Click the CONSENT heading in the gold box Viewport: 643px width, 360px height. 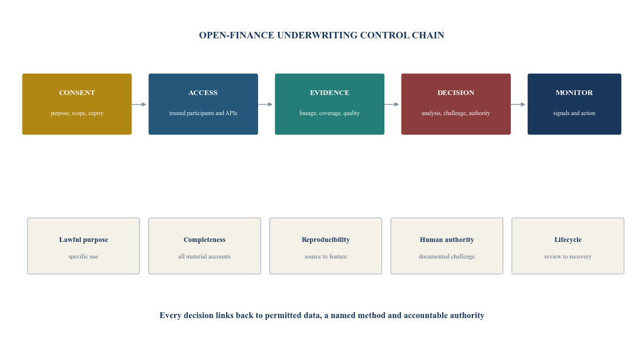(x=77, y=93)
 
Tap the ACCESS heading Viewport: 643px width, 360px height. (x=203, y=93)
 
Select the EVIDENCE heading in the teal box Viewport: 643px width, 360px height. (x=329, y=93)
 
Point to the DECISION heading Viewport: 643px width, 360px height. (x=456, y=93)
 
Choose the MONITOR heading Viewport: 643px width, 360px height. (x=574, y=93)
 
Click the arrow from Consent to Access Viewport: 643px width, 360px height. (x=139, y=104)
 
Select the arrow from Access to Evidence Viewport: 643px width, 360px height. (x=265, y=104)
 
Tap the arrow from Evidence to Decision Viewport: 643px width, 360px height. (x=391, y=104)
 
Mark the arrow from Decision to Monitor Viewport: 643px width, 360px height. (x=518, y=104)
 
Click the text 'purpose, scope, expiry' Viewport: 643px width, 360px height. (x=77, y=113)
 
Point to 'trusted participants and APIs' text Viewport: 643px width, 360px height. (x=203, y=113)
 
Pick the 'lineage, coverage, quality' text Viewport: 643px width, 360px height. (x=329, y=113)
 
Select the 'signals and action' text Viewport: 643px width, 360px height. (x=574, y=113)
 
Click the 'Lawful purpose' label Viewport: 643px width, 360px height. (x=84, y=240)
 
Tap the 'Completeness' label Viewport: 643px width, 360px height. (x=205, y=240)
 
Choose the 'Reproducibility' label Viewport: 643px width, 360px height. (x=325, y=240)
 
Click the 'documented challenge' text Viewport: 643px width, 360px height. (x=446, y=257)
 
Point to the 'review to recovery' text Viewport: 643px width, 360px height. (x=568, y=257)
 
